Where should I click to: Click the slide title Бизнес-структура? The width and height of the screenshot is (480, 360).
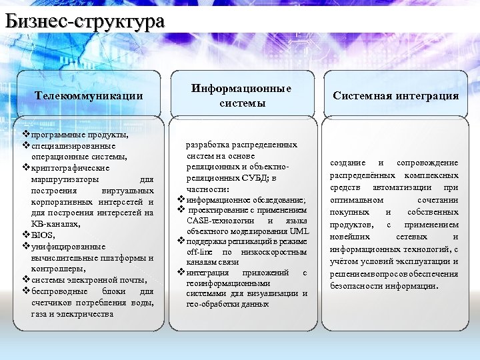click(84, 21)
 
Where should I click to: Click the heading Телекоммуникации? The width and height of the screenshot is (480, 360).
click(89, 95)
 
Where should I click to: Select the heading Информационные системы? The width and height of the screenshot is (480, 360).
click(241, 95)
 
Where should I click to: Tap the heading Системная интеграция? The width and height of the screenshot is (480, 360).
click(396, 95)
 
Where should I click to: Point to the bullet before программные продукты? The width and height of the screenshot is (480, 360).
click(26, 135)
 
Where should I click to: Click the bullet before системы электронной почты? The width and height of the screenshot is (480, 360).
click(26, 280)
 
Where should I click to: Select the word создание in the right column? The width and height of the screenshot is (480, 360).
click(348, 163)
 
